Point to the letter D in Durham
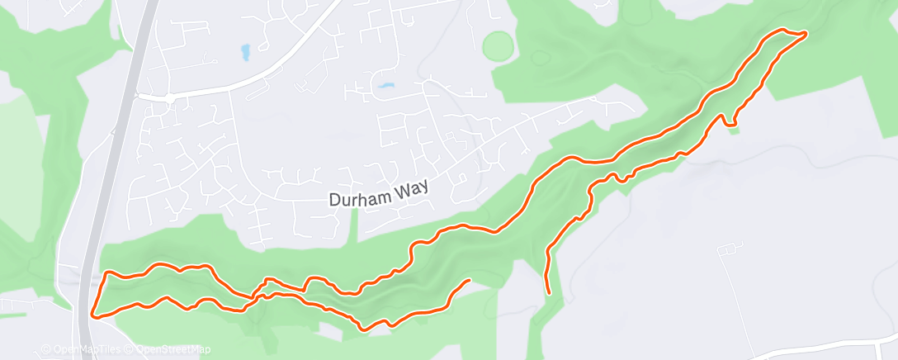click(333, 200)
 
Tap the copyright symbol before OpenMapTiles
click(47, 349)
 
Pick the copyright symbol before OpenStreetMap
click(130, 349)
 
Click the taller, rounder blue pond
click(246, 53)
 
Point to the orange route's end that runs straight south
click(549, 291)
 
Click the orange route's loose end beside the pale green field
click(469, 281)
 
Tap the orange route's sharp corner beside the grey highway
click(92, 315)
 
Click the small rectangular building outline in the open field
click(730, 249)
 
